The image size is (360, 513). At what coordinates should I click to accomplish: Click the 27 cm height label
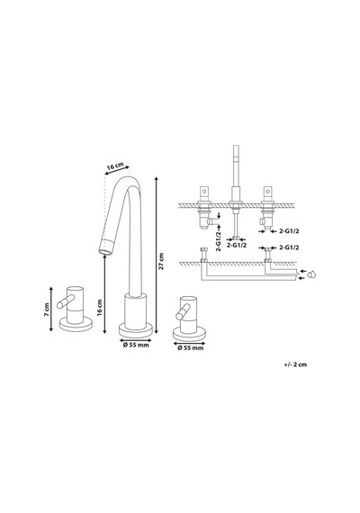coord(161,261)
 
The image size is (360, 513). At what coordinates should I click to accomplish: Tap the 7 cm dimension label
coord(47,310)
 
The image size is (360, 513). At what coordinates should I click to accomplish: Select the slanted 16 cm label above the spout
coord(115,166)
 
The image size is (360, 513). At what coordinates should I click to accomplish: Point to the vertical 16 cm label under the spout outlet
coord(100,308)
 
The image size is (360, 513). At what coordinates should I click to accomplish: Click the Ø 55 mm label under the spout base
coord(136,346)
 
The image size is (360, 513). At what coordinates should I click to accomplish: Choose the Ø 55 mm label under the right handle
coord(191,348)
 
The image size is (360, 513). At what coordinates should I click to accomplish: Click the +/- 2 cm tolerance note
coord(295,364)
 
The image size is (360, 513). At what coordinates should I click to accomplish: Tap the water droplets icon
coord(313,274)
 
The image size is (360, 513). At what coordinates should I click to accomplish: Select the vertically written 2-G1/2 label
coord(219,241)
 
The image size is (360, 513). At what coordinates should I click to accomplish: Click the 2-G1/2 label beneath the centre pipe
coord(237,245)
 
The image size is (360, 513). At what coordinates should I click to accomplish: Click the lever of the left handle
coord(66,301)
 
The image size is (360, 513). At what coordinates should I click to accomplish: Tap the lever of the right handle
coord(183,311)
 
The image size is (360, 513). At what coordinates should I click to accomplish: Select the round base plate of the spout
coord(136,330)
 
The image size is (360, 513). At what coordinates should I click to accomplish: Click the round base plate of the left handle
coord(76,325)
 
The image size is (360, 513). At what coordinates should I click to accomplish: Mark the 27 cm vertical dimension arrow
coord(157,256)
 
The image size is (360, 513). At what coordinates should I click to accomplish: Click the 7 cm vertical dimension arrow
coord(51,310)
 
